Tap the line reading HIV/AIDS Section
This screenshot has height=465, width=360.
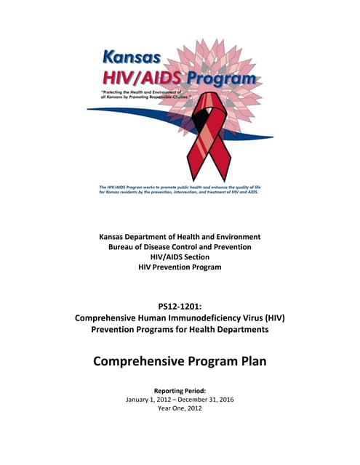(x=180, y=258)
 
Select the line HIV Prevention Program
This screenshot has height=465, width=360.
(x=180, y=268)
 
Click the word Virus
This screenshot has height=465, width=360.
(x=251, y=317)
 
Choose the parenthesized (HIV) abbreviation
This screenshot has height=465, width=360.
(x=276, y=317)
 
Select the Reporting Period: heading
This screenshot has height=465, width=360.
(x=180, y=390)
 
